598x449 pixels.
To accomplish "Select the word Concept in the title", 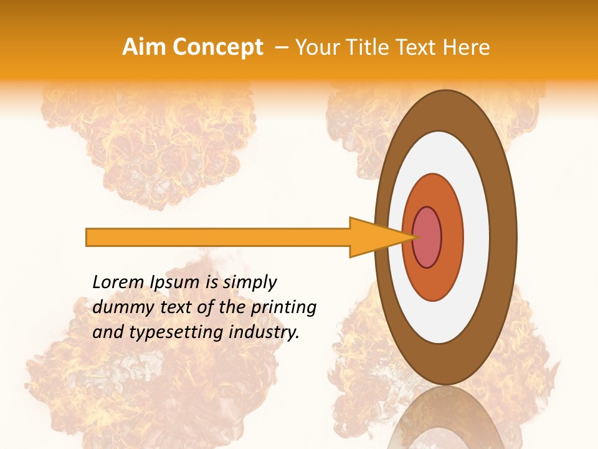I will tap(218, 48).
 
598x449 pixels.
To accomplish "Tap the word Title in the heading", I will tap(372, 47).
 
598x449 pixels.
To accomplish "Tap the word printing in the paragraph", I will tap(283, 307).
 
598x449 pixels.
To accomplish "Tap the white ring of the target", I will tap(477, 237).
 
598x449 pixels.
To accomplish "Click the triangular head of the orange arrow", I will tap(374, 237).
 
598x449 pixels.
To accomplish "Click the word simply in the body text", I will tap(249, 282).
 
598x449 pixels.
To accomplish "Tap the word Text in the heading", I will tap(419, 47).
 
